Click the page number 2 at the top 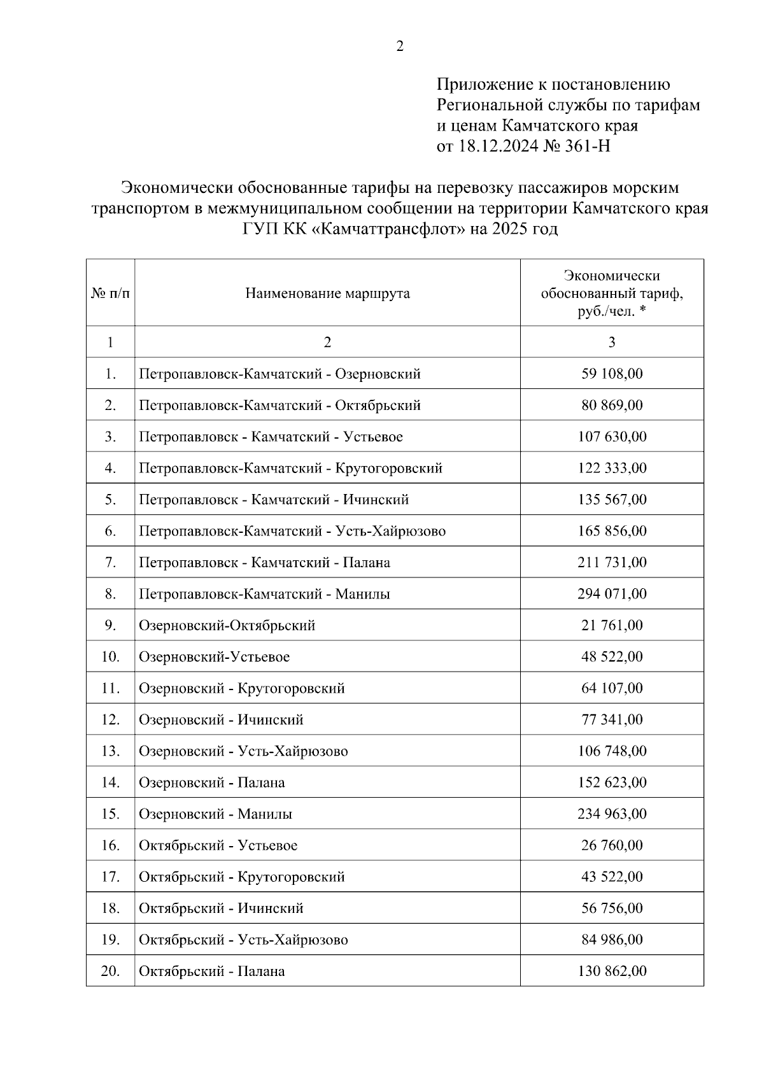click(400, 46)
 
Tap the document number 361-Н click(586, 146)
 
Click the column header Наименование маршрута click(327, 293)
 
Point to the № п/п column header click(110, 293)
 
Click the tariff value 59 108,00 click(612, 374)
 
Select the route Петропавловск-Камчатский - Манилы click(264, 594)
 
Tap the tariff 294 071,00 click(612, 594)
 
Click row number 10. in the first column click(110, 656)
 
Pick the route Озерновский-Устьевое click(214, 656)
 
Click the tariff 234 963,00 click(612, 814)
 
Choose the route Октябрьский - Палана click(211, 971)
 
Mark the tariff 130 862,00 click(612, 971)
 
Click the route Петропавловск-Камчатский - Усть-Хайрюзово click(292, 531)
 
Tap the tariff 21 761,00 click(612, 625)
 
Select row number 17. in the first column click(110, 877)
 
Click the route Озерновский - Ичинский click(221, 719)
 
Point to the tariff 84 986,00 click(612, 940)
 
